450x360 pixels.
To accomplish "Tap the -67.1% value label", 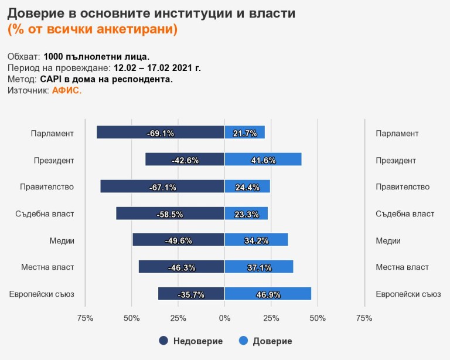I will click(x=162, y=187).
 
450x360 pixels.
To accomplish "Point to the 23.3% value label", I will click(x=246, y=214).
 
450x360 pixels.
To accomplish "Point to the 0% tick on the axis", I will click(x=224, y=318).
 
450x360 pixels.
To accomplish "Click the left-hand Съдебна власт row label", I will click(x=45, y=213).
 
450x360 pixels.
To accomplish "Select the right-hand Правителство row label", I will click(x=403, y=187).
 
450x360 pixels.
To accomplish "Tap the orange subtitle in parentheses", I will click(x=92, y=29).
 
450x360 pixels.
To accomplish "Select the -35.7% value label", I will click(x=192, y=294).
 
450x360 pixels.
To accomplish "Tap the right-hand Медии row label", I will click(x=388, y=240).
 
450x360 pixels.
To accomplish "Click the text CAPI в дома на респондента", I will click(x=106, y=79).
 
